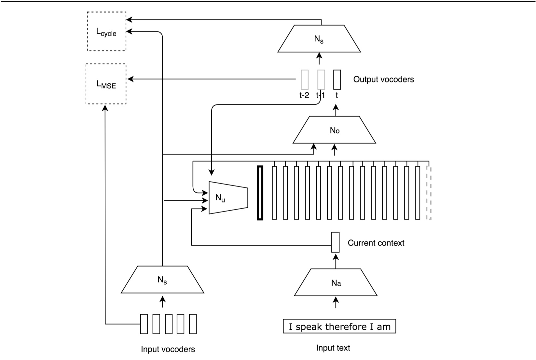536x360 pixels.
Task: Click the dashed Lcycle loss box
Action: pyautogui.click(x=106, y=32)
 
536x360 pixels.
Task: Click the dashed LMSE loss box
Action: pyautogui.click(x=106, y=84)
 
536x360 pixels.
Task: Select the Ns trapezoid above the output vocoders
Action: pyautogui.click(x=319, y=39)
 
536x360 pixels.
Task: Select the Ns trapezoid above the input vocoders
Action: pyautogui.click(x=162, y=280)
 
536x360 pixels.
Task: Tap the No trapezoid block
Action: pyautogui.click(x=334, y=130)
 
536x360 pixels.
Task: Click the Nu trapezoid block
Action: pyautogui.click(x=228, y=198)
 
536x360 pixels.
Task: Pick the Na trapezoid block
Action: pyautogui.click(x=336, y=283)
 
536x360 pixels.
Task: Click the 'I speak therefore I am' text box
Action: pyautogui.click(x=339, y=326)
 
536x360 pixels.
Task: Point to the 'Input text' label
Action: pyautogui.click(x=333, y=348)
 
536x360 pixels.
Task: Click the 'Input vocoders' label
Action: pyautogui.click(x=168, y=349)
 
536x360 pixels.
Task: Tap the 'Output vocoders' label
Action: pyautogui.click(x=383, y=79)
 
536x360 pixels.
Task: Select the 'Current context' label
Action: pyautogui.click(x=376, y=243)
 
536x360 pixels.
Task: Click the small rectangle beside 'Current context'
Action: pyautogui.click(x=335, y=242)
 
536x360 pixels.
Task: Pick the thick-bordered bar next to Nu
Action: pyautogui.click(x=260, y=193)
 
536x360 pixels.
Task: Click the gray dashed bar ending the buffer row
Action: pyautogui.click(x=429, y=193)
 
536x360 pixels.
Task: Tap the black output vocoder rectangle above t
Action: pyautogui.click(x=337, y=79)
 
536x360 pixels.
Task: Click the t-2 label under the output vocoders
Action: pyautogui.click(x=304, y=95)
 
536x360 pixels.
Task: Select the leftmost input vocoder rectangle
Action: pyautogui.click(x=144, y=324)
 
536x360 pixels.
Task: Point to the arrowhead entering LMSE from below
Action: pyautogui.click(x=105, y=108)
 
